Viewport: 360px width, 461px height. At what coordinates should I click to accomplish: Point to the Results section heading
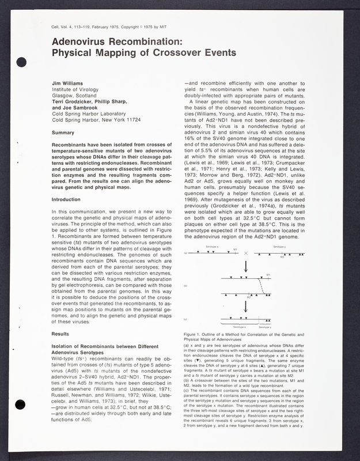pyautogui.click(x=61, y=334)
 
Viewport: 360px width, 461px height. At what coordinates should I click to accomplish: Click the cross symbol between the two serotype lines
pyautogui.click(x=246, y=253)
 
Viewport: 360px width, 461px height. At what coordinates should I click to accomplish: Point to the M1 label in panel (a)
pyautogui.click(x=235, y=250)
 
